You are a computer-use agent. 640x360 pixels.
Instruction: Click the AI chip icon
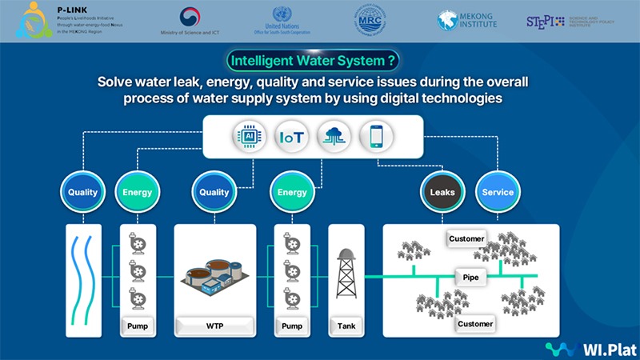(247, 137)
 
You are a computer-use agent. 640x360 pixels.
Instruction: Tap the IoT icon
(290, 137)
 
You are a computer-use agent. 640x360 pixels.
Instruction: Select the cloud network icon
(334, 137)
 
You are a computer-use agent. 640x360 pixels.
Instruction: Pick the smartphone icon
(376, 137)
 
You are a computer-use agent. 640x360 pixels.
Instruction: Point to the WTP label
(215, 326)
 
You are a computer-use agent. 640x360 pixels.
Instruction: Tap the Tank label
(346, 326)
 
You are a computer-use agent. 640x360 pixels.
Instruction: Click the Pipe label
(470, 276)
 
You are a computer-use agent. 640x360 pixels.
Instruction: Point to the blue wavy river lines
(83, 276)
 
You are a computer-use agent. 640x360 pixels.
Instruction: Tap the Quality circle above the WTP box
(214, 193)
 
